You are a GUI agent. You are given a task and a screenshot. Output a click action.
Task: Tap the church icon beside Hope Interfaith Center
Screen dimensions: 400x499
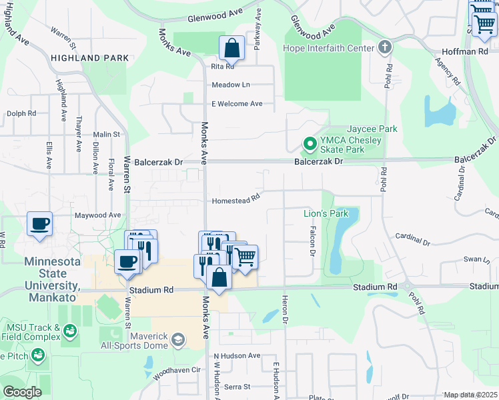tap(384, 47)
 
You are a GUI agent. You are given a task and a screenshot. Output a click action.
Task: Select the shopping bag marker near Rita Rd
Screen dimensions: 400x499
tap(231, 48)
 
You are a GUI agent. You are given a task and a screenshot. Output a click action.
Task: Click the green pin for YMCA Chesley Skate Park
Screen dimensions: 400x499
tap(310, 143)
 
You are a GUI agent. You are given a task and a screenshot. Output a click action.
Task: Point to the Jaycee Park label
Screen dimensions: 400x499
tap(372, 129)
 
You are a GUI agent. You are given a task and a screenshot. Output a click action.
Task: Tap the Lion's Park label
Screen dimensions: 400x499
tap(326, 213)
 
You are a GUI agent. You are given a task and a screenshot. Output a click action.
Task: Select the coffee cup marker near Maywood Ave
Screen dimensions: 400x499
tap(39, 223)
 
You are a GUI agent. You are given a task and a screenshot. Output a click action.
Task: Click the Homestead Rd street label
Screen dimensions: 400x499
tap(235, 201)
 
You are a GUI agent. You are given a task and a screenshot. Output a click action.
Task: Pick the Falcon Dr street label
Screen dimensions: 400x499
tap(312, 241)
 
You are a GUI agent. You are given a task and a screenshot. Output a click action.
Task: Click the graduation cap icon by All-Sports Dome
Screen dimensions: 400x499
tap(177, 341)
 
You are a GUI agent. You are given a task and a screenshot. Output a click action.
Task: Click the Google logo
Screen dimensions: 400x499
tap(23, 392)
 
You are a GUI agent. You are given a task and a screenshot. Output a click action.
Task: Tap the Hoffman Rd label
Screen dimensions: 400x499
tap(466, 51)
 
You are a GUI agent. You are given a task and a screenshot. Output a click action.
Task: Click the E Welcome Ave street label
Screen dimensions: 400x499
tap(237, 104)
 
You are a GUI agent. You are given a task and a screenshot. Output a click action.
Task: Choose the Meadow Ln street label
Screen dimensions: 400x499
tap(230, 85)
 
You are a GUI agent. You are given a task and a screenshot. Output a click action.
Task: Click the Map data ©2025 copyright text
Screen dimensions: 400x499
tap(470, 395)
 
